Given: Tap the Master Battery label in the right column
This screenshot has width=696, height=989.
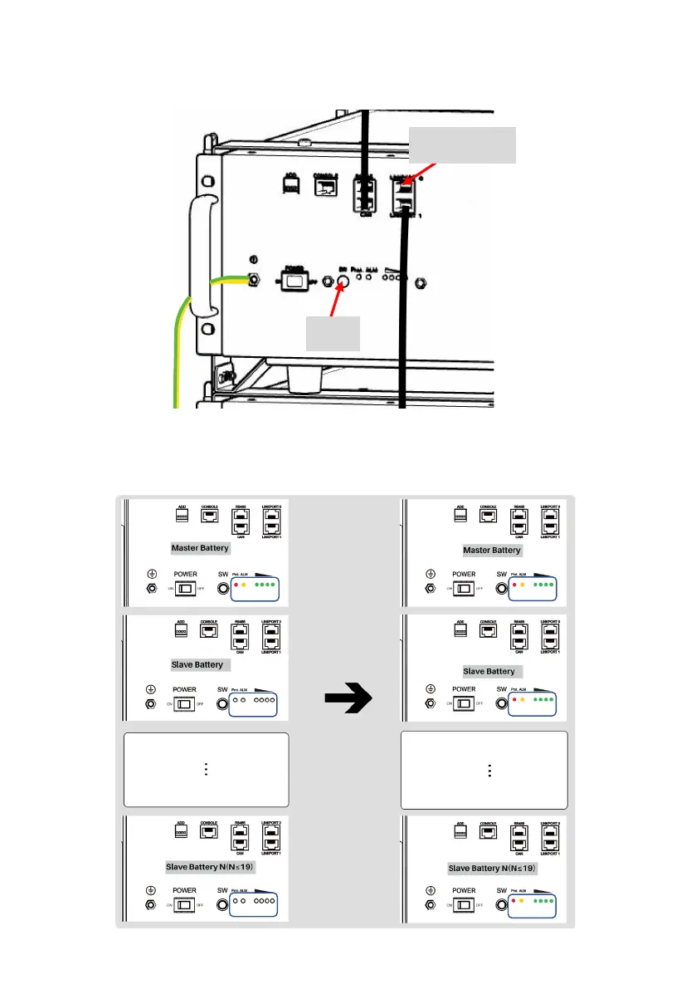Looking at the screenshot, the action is tap(492, 550).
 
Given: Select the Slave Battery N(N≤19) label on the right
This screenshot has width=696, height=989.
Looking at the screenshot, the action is tap(492, 869).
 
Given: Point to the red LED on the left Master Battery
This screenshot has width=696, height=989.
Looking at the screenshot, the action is tap(236, 585).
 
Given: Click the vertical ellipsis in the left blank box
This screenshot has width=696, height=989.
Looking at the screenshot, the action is tap(205, 770).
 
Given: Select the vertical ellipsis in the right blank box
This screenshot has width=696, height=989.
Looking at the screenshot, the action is tap(489, 770).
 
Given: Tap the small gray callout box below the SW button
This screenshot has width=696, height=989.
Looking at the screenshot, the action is tap(333, 334).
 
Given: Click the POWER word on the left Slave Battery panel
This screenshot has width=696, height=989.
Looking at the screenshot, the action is tap(185, 689).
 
